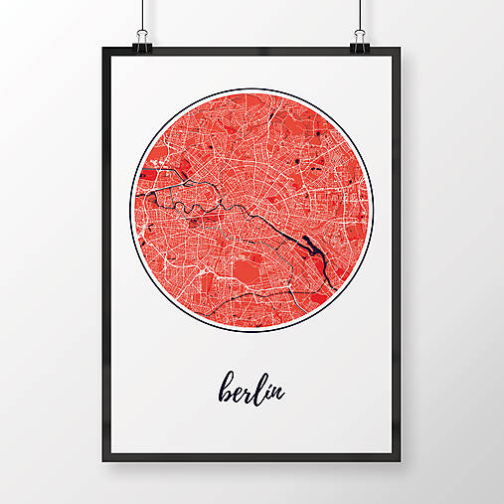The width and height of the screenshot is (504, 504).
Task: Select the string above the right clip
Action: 359,14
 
